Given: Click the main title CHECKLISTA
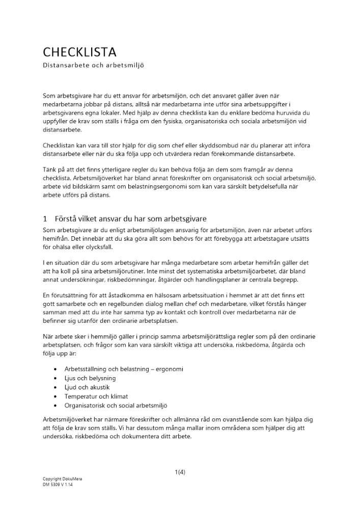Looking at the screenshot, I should (79, 52).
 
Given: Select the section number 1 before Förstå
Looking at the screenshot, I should (45, 219).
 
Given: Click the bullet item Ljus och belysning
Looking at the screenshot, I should (90, 378).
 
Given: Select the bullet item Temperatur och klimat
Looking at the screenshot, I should (96, 397).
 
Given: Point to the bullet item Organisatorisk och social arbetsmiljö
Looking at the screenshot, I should (116, 406).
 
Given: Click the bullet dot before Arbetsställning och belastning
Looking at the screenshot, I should (55, 369).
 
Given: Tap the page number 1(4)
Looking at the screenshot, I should (180, 472).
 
